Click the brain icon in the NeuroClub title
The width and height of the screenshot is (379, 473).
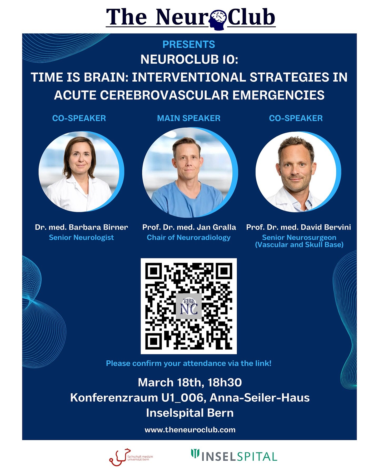[x=218, y=19]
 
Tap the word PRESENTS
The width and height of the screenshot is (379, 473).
[x=189, y=44]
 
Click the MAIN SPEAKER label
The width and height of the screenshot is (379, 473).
[x=189, y=118]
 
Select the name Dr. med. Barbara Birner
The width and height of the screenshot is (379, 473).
[x=81, y=227]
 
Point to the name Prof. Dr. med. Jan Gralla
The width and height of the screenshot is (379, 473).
[x=189, y=227]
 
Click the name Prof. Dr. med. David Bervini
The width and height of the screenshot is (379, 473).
[x=298, y=227]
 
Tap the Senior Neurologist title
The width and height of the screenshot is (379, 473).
[x=81, y=237]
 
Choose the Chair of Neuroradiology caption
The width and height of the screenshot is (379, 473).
[x=188, y=237]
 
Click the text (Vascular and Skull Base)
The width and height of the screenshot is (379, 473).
[x=299, y=245]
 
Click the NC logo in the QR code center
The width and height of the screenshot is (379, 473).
[x=189, y=306]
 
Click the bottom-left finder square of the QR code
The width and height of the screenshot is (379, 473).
[x=153, y=341]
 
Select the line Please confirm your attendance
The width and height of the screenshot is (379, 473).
[x=188, y=363]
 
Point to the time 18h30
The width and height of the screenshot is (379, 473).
[x=225, y=383]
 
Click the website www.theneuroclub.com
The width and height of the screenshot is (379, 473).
[x=190, y=430]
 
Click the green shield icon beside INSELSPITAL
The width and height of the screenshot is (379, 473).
[x=195, y=453]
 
